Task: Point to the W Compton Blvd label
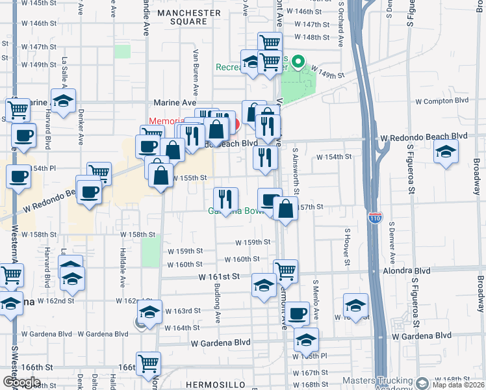pos(442,101)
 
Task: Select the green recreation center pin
pos(298,63)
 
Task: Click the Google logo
pos(21,382)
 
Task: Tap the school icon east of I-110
pos(445,152)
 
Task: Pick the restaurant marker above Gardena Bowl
pos(225,198)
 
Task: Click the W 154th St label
pos(333,157)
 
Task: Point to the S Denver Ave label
pos(392,238)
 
